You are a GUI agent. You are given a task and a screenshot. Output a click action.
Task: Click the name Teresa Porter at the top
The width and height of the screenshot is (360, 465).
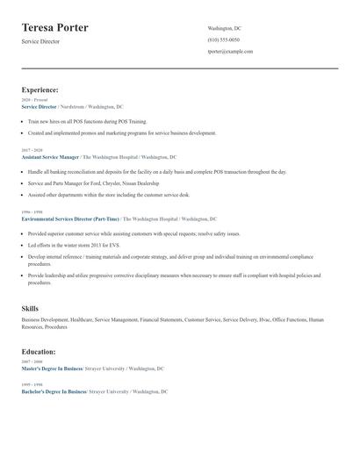pos(54,27)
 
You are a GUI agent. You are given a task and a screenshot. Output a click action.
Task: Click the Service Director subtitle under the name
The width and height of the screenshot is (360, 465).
pos(40,41)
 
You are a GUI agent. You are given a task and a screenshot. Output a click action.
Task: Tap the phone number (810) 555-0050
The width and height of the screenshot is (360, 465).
pos(223,40)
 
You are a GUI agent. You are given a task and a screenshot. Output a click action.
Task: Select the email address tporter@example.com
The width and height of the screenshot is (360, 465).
pos(230,52)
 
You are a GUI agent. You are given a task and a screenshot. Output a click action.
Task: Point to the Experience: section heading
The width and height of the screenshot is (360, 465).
pos(40,89)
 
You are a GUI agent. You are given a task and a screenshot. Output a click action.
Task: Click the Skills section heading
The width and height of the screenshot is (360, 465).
pos(30,309)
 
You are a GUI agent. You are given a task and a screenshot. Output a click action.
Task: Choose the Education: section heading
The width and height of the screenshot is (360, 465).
pos(40,351)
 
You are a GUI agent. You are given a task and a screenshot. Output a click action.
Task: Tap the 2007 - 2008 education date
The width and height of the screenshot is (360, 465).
pos(31,361)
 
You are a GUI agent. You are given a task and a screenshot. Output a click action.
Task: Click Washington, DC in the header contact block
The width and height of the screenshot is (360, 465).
pos(224,28)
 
